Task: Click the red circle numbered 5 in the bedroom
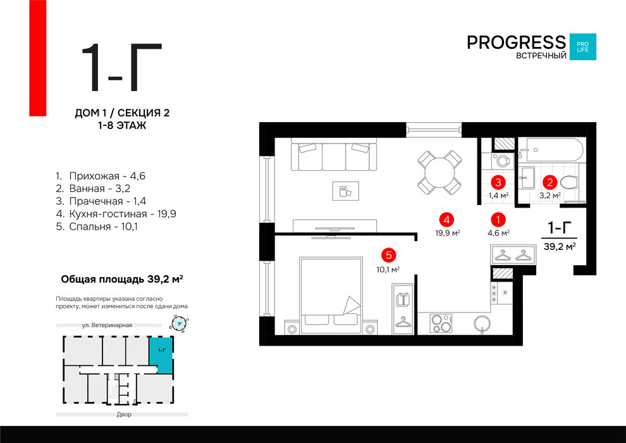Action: [388, 255]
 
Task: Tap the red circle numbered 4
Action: [446, 220]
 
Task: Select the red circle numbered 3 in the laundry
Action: [498, 182]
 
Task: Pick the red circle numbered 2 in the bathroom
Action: [549, 182]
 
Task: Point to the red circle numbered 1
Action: [498, 220]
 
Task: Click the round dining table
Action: [439, 173]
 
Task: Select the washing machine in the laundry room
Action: [502, 161]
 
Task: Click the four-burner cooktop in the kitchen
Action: [441, 323]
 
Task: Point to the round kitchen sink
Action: [482, 323]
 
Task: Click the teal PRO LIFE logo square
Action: [582, 47]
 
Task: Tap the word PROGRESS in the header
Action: [516, 42]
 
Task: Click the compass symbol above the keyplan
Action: [179, 323]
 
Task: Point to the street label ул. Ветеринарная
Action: [107, 325]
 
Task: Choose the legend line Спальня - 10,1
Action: [97, 227]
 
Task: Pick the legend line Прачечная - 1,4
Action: [101, 201]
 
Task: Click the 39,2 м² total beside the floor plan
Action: [560, 246]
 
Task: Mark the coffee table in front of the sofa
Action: [346, 191]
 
